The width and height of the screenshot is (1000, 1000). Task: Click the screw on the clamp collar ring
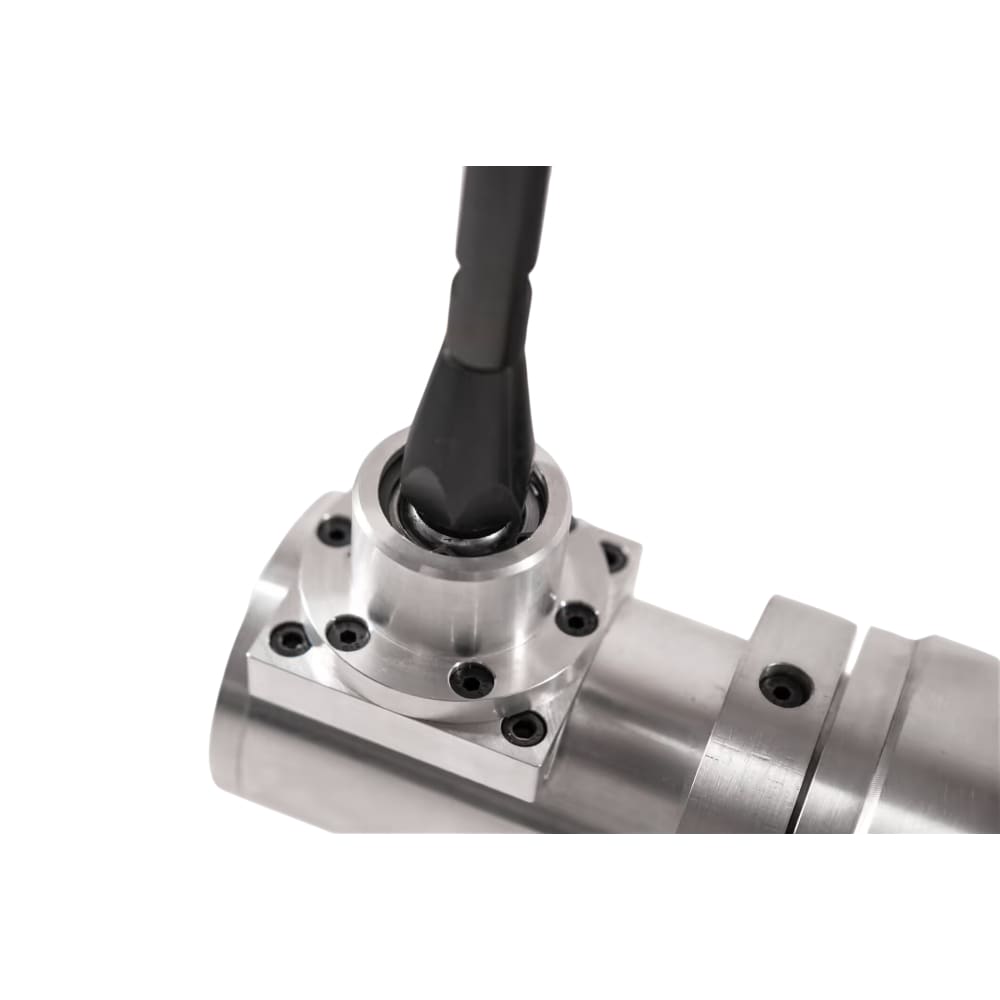783,686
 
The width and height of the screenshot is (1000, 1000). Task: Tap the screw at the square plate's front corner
524,726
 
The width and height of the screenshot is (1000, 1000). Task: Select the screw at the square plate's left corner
291,636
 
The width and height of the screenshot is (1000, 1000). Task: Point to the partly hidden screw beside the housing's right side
612,555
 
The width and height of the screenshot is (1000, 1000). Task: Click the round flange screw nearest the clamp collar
577,618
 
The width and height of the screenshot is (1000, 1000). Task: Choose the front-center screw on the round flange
470,679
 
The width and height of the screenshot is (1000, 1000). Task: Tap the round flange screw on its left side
348,632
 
